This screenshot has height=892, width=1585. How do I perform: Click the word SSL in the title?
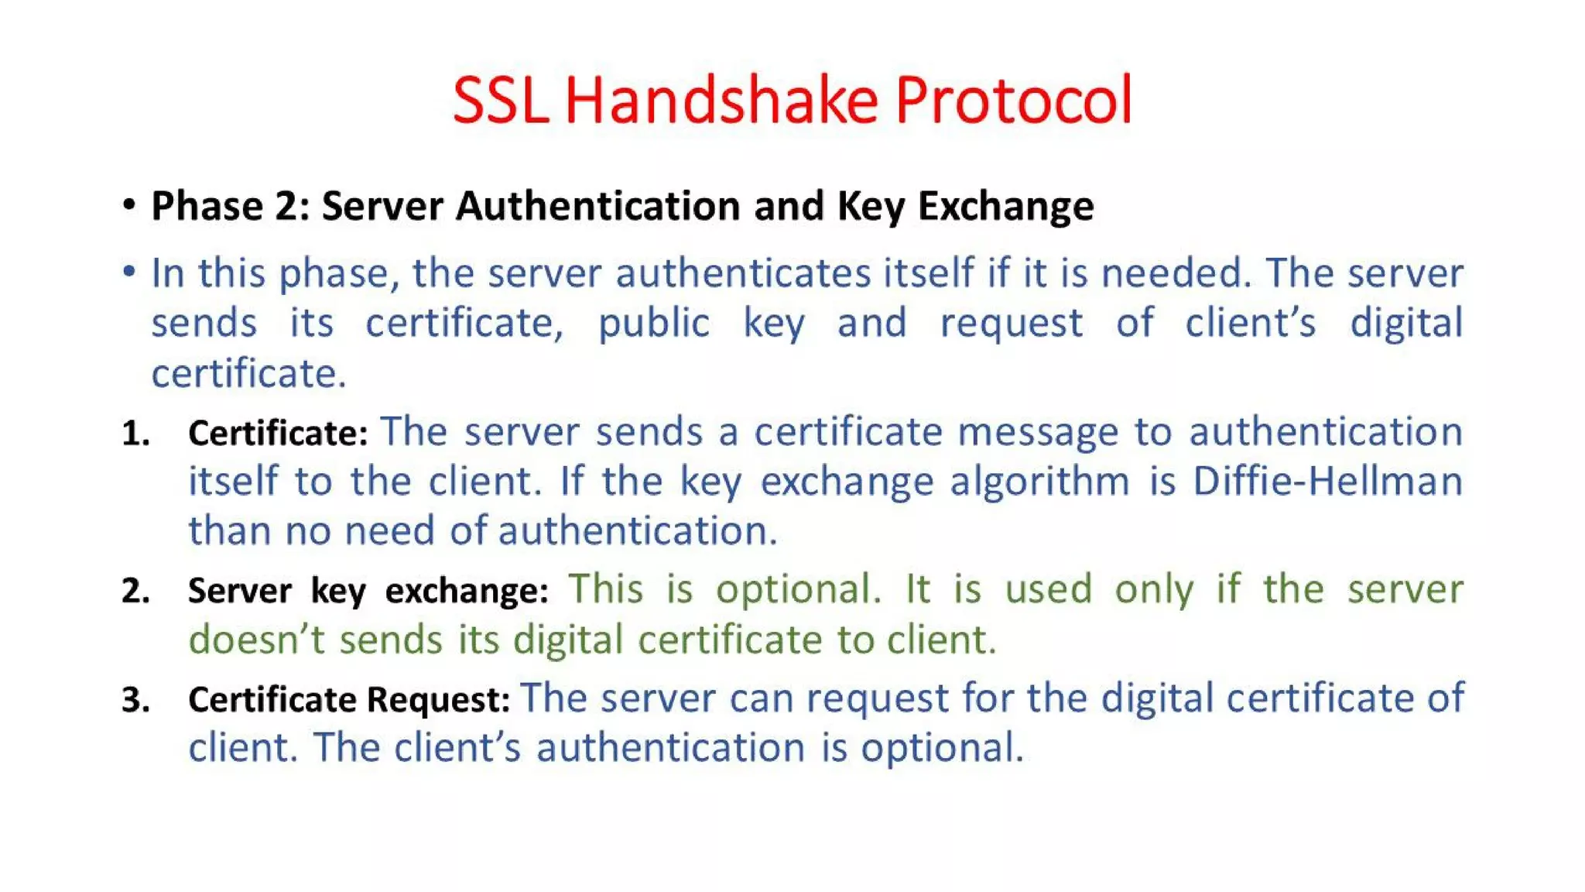(500, 101)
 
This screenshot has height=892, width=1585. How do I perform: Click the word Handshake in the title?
(721, 101)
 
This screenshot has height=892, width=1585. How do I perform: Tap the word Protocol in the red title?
(1014, 101)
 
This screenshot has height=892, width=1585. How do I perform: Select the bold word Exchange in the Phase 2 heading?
(1005, 207)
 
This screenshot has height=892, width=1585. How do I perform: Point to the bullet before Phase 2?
(129, 205)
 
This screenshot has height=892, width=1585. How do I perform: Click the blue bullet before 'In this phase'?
(129, 272)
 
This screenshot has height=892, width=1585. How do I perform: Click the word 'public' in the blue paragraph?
(654, 324)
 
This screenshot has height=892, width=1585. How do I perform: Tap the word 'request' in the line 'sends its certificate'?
(1011, 324)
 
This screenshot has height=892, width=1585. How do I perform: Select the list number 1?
(135, 434)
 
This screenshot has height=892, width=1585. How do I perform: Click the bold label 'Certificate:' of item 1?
(278, 434)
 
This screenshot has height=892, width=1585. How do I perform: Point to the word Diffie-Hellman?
(1327, 482)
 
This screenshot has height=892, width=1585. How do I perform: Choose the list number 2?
(135, 592)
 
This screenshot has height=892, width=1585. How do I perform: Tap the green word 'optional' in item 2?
(798, 590)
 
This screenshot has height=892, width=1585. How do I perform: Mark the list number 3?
(135, 700)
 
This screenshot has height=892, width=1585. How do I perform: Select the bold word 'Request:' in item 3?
(438, 700)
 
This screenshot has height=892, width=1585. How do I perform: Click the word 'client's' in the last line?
(457, 749)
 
